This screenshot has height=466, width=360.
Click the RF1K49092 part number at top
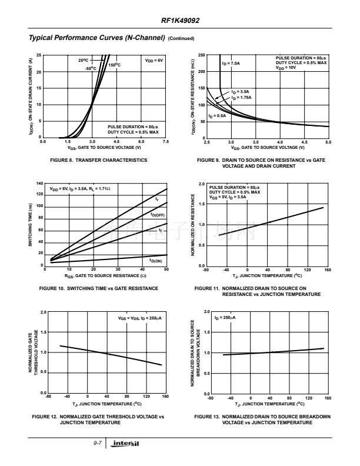click(180, 20)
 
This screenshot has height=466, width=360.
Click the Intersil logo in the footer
click(127, 442)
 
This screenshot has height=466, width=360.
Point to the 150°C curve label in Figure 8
click(115, 65)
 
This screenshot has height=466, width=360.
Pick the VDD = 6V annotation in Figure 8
click(154, 60)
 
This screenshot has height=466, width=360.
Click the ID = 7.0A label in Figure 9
click(231, 63)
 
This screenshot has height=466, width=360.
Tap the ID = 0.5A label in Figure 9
click(217, 116)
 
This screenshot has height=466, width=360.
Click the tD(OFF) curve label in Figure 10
click(157, 215)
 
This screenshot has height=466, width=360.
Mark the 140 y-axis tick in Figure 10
click(39, 184)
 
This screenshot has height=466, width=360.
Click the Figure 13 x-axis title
click(269, 404)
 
